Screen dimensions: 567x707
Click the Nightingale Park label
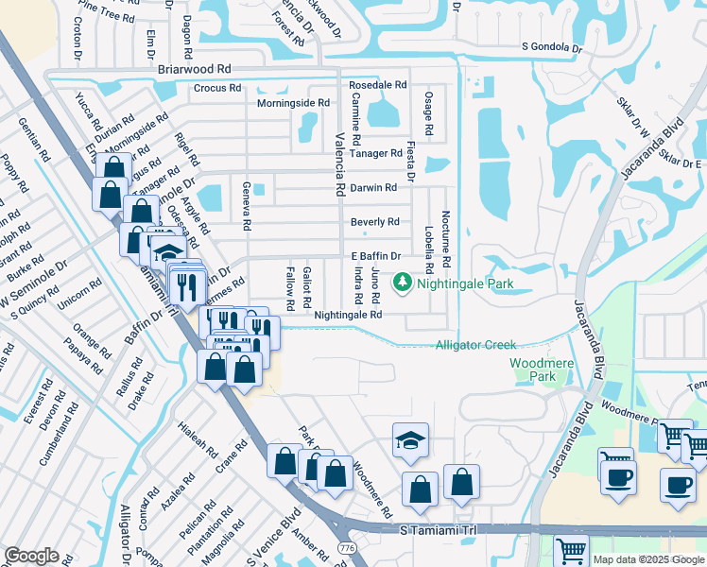459,282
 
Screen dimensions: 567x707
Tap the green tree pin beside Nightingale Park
402,282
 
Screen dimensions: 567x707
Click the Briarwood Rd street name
196,70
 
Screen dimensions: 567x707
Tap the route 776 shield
346,548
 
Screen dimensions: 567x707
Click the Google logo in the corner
31,556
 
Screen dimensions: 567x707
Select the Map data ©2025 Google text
647,559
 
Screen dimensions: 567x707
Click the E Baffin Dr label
376,256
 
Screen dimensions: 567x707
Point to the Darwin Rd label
373,188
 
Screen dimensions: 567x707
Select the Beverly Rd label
374,222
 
